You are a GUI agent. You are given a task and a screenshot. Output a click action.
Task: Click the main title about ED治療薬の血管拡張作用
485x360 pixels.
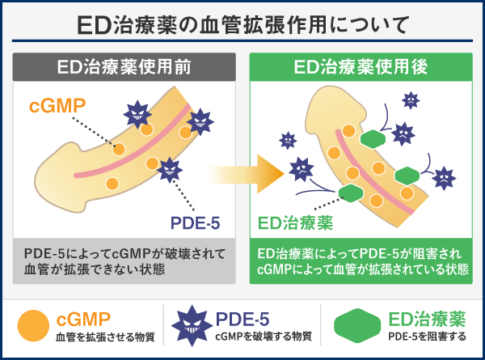[242, 23]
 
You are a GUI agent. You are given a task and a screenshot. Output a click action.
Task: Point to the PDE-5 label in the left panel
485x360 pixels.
[196, 222]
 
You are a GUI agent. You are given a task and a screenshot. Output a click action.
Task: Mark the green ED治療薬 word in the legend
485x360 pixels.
[425, 317]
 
